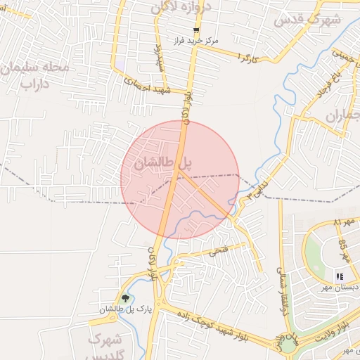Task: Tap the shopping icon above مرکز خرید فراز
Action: pyautogui.click(x=196, y=30)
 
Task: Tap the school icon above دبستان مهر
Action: pyautogui.click(x=339, y=276)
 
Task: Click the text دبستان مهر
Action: pyautogui.click(x=341, y=287)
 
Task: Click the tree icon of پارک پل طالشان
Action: pyautogui.click(x=125, y=298)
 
